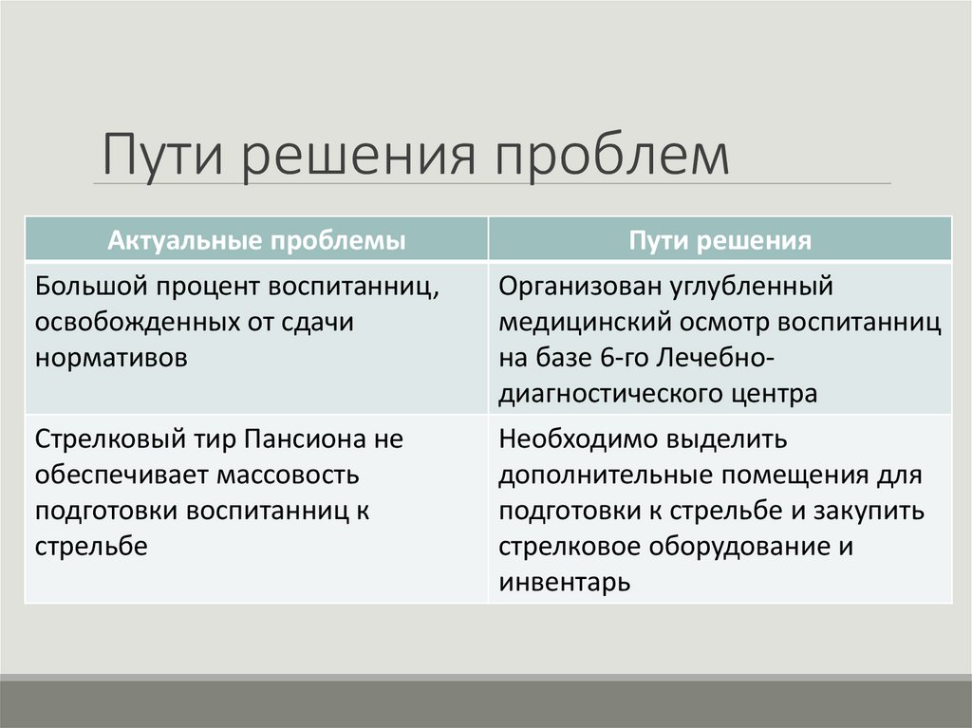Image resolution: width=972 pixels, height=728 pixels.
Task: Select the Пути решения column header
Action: [x=720, y=240]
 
